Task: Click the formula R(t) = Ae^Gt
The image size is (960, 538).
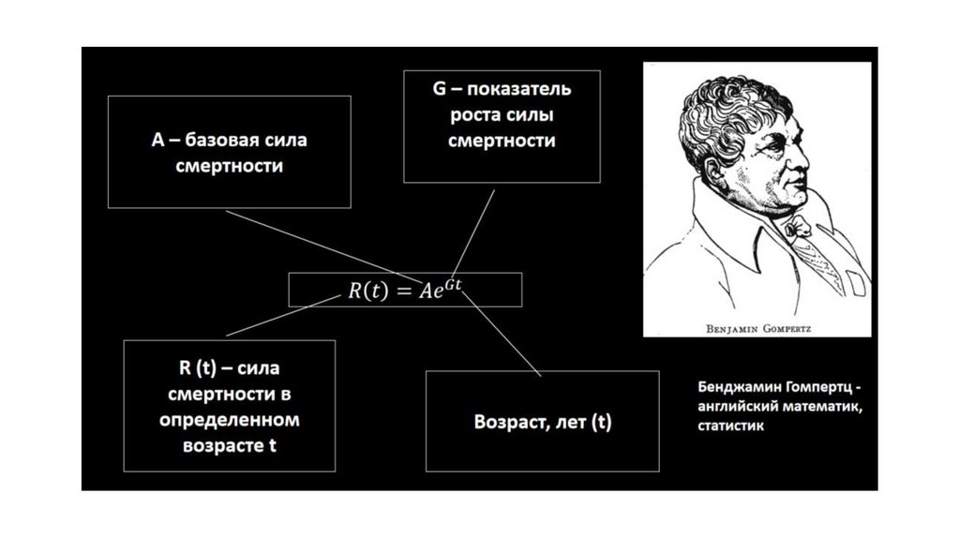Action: [x=405, y=290]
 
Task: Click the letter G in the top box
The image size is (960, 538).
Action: [x=436, y=91]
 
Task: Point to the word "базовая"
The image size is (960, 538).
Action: [x=221, y=142]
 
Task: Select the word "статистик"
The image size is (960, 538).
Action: [x=730, y=425]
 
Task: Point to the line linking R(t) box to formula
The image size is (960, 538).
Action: [x=281, y=315]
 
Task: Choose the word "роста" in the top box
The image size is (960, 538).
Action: [x=474, y=116]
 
